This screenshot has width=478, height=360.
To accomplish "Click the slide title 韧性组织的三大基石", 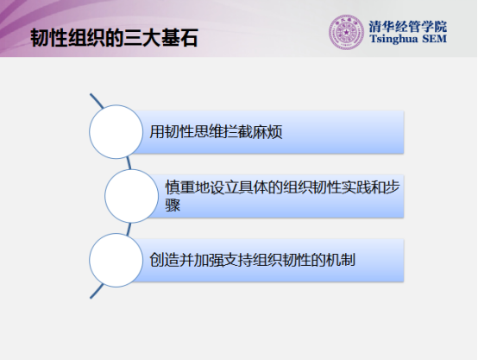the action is [x=114, y=38].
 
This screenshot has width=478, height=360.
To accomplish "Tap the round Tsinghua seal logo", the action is [x=346, y=32].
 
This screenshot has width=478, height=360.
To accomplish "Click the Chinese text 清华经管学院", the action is [x=408, y=27].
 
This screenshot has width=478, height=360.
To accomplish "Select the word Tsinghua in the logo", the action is [x=393, y=39].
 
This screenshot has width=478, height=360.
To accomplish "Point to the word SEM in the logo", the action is [x=435, y=39].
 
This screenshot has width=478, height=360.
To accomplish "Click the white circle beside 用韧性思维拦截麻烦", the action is [x=116, y=132].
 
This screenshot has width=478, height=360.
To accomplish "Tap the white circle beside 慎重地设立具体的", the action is [x=131, y=196].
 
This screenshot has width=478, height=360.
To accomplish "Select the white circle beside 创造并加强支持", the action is [x=116, y=260].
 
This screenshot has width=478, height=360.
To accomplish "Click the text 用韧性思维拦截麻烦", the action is [x=216, y=132].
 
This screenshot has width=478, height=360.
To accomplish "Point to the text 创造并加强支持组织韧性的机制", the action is [x=253, y=260].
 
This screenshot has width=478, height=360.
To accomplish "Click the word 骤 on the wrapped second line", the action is [x=173, y=205].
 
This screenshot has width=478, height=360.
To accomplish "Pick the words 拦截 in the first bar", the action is [x=238, y=132].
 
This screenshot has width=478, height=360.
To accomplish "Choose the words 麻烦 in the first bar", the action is [x=267, y=132].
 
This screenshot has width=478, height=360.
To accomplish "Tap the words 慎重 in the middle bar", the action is [x=180, y=187].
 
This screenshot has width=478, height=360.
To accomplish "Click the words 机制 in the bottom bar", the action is [x=341, y=260].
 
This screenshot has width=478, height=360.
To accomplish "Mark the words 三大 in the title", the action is [x=142, y=38].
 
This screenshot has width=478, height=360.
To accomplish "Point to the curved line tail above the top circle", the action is [x=97, y=101].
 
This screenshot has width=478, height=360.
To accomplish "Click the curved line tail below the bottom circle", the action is [x=97, y=291].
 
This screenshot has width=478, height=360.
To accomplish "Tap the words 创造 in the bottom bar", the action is [x=164, y=260].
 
